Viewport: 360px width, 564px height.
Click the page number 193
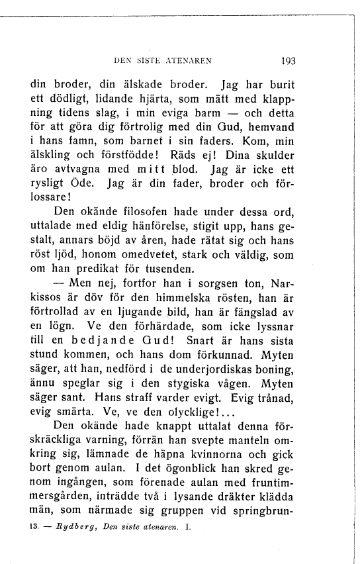tap(289, 60)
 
